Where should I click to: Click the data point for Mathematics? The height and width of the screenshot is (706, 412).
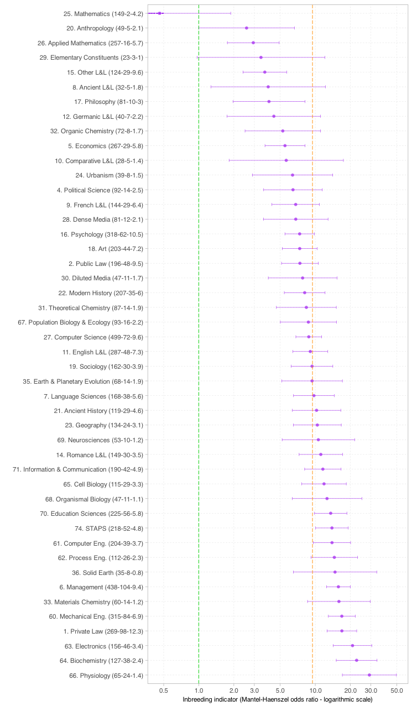click(x=160, y=13)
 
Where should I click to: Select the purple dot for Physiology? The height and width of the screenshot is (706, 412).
click(x=369, y=675)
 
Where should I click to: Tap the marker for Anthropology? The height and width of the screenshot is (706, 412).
click(x=247, y=28)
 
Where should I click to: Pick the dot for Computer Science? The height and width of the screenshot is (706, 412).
click(x=309, y=337)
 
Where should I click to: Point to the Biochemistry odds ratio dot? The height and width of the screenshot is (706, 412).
click(x=357, y=660)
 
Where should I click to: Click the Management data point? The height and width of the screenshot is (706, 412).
click(x=338, y=587)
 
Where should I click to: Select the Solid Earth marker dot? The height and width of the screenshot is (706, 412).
click(x=335, y=572)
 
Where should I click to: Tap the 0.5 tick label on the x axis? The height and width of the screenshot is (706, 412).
click(x=164, y=691)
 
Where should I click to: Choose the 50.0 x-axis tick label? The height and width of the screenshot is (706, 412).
click(x=397, y=691)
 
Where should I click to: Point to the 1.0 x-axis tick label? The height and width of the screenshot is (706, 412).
click(x=199, y=691)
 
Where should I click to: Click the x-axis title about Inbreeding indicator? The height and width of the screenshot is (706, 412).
click(x=277, y=700)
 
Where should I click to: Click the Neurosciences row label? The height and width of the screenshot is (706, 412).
click(x=100, y=440)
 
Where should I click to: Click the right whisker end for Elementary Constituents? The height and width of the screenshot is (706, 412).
click(x=325, y=57)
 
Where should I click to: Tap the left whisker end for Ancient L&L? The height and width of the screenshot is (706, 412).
click(x=211, y=87)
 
